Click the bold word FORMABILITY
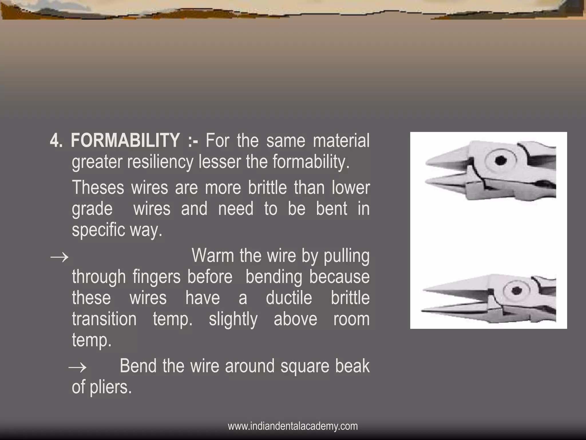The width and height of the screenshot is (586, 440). [x=125, y=141]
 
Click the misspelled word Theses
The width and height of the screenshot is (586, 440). [x=98, y=188]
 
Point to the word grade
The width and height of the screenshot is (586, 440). [x=92, y=209]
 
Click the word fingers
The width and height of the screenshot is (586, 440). [x=156, y=277]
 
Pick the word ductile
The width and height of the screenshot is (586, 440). [x=289, y=298]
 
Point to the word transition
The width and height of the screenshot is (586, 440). [x=104, y=319]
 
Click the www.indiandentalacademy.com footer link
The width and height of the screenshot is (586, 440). [x=293, y=426]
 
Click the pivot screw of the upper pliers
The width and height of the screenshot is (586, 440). [x=500, y=161]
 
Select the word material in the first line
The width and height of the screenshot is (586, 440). [x=341, y=141]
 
